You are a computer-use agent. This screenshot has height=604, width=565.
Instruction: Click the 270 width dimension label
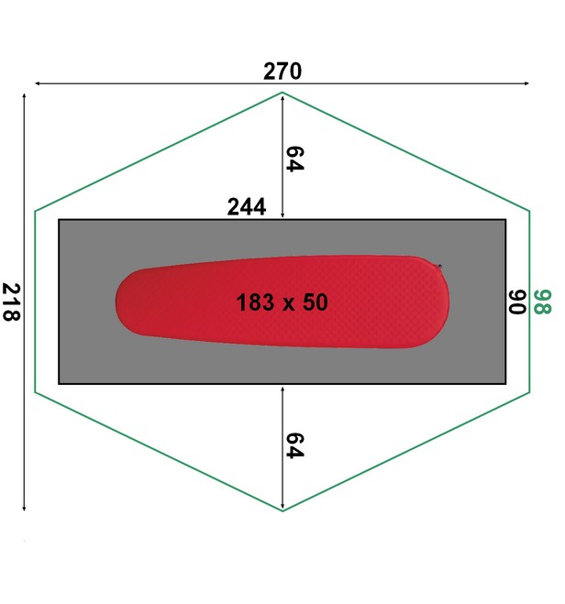[282, 71]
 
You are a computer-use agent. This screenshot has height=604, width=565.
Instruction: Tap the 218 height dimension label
[11, 302]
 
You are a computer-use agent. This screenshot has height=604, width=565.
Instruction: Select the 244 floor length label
[247, 207]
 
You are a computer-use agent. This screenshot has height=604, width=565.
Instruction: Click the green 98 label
[543, 302]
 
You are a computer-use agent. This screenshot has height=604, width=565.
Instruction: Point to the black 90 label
[517, 302]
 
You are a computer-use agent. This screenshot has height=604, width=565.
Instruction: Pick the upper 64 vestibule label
[294, 159]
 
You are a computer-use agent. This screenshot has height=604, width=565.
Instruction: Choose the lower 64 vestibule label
[294, 445]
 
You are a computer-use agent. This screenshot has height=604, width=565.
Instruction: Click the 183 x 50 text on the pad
[282, 302]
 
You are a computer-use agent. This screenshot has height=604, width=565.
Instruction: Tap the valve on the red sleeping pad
[439, 266]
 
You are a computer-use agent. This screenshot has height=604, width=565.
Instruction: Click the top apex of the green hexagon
[282, 93]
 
